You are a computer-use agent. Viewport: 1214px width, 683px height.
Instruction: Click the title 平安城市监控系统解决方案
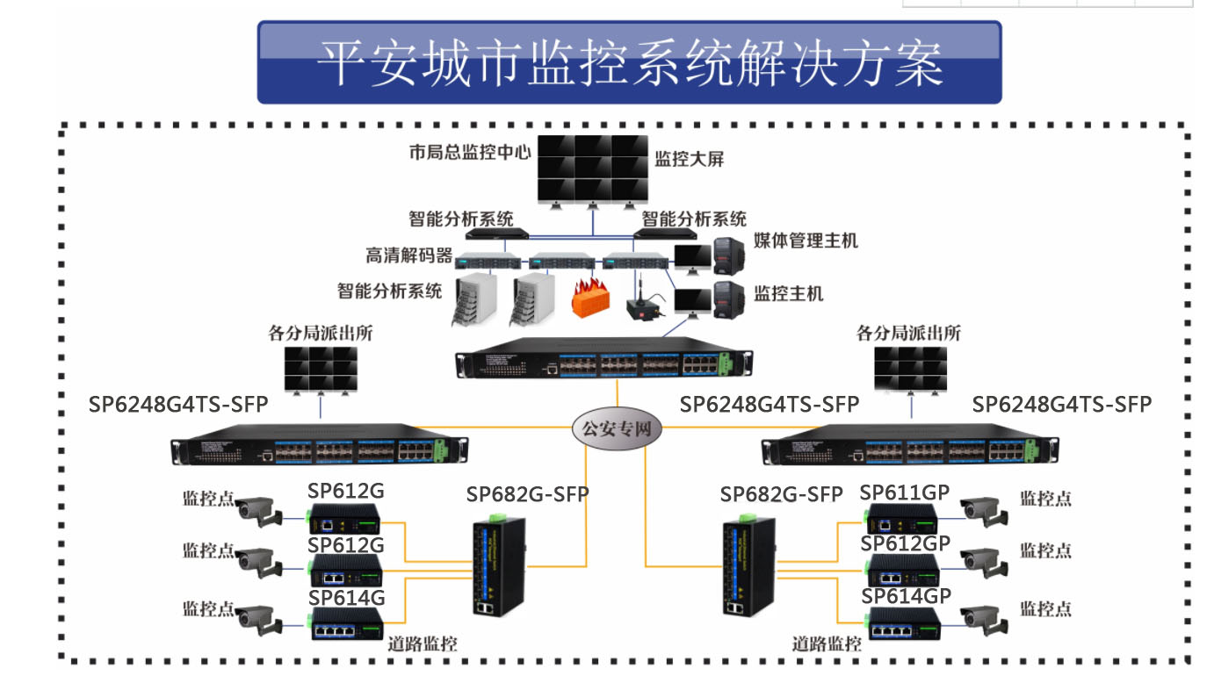[629, 62]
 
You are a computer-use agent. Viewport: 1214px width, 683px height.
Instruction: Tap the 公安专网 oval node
[618, 429]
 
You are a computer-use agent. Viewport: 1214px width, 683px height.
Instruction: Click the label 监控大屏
[690, 159]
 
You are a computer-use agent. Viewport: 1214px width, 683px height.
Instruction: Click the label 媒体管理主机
[806, 240]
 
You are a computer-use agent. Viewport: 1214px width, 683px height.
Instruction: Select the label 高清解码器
[409, 255]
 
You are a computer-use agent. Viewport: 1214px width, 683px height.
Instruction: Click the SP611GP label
[905, 492]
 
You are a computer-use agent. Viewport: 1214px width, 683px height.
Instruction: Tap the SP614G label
[346, 597]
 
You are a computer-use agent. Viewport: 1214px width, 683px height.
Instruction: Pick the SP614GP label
[906, 595]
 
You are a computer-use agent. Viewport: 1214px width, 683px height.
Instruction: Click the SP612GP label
[905, 543]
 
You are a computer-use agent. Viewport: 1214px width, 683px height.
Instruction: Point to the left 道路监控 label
[423, 643]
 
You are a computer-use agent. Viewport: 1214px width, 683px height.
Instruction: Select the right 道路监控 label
[826, 643]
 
